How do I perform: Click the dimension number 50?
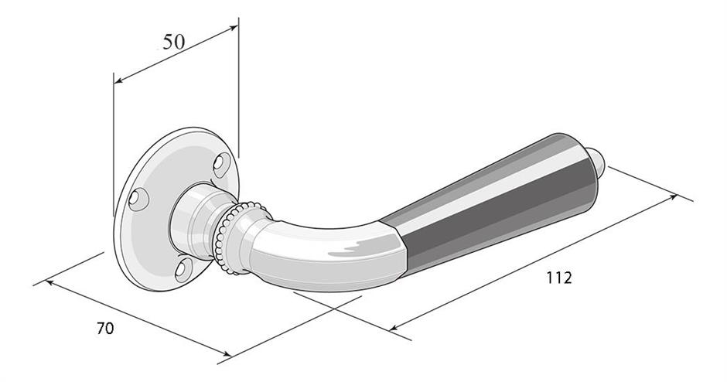(x=174, y=42)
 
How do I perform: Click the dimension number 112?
(x=558, y=278)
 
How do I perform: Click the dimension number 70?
(x=105, y=328)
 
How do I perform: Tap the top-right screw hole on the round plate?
(x=222, y=164)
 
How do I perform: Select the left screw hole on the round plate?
(x=138, y=199)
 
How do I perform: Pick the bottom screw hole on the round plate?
(x=184, y=269)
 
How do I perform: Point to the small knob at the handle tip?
(x=597, y=160)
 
